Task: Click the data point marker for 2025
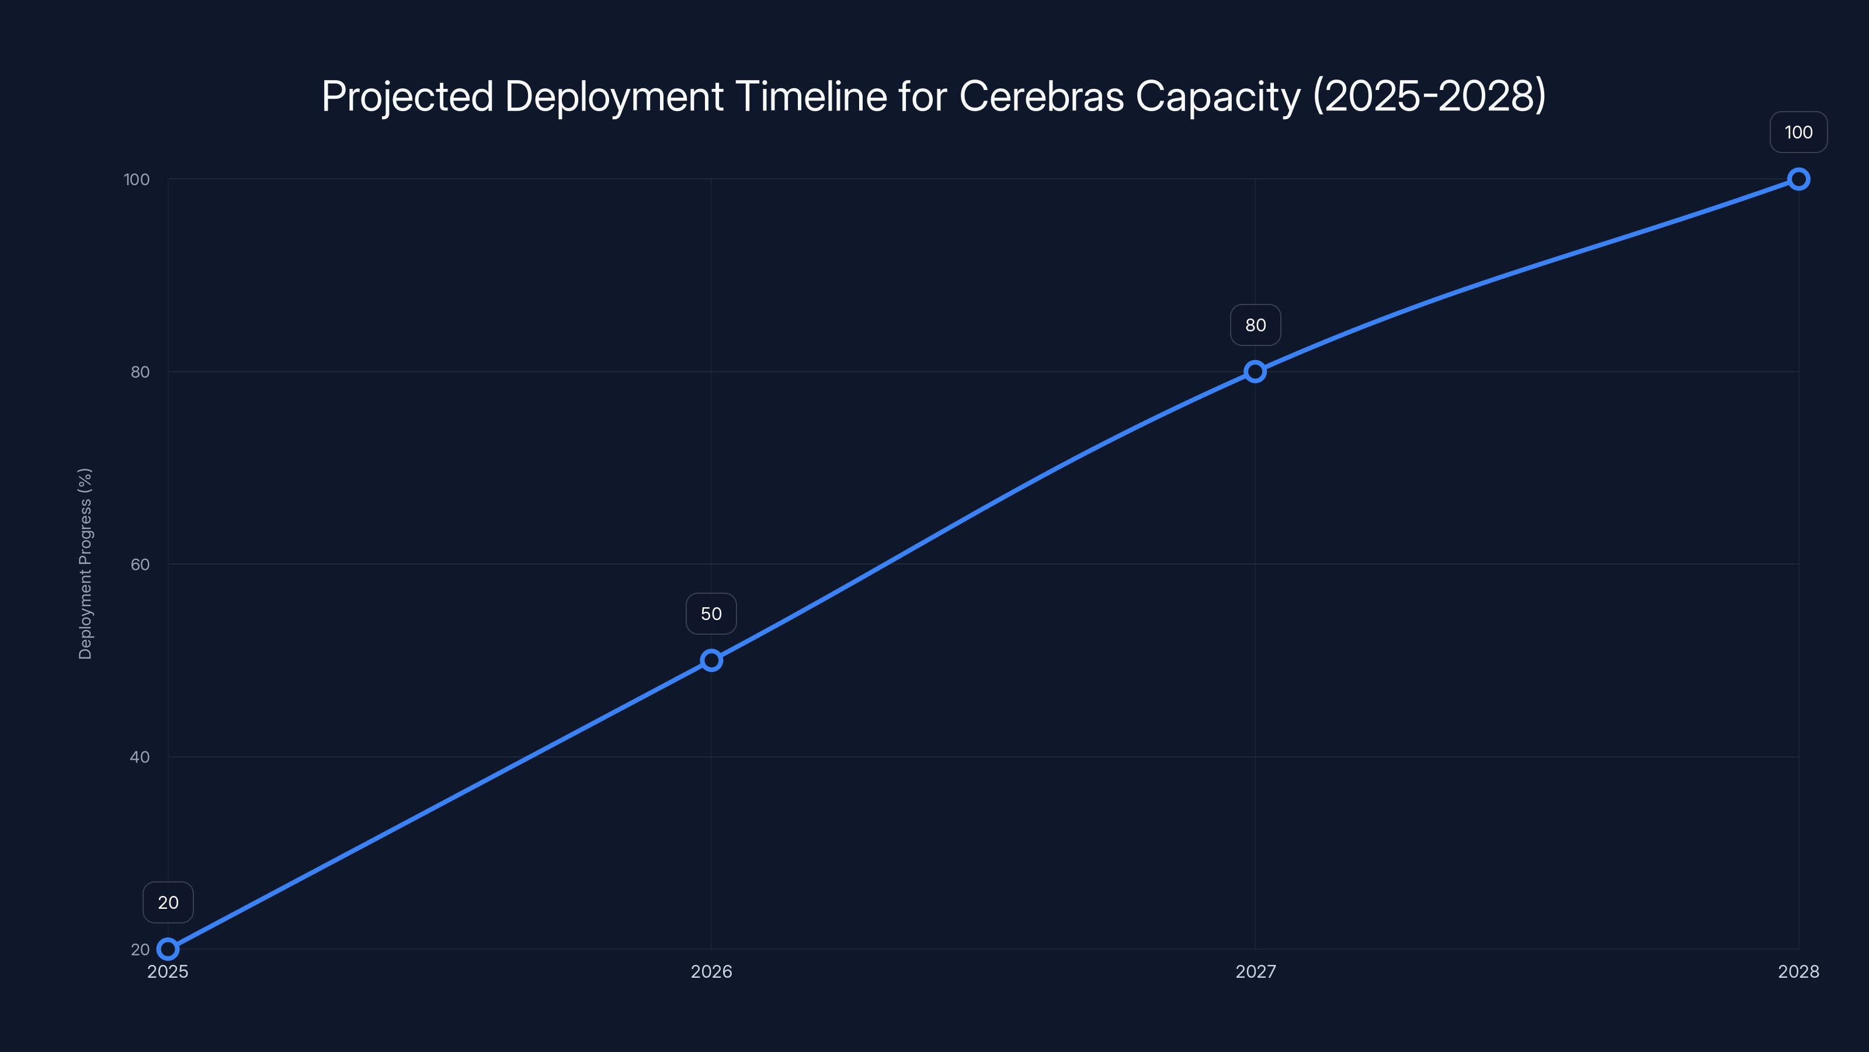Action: (168, 949)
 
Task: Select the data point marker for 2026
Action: (711, 660)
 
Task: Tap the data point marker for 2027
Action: (1255, 372)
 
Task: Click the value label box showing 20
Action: (168, 902)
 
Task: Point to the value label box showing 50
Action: (711, 614)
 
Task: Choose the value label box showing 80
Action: (1255, 326)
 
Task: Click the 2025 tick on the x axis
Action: (168, 971)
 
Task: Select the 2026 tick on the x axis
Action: (711, 971)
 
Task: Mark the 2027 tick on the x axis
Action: (1255, 971)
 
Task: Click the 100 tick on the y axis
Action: (137, 179)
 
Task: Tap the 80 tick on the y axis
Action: (140, 372)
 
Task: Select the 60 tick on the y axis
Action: (140, 564)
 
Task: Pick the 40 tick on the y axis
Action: (140, 756)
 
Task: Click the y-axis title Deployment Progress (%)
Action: (85, 563)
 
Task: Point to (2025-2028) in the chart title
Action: (1429, 96)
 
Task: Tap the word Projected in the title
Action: (408, 97)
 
